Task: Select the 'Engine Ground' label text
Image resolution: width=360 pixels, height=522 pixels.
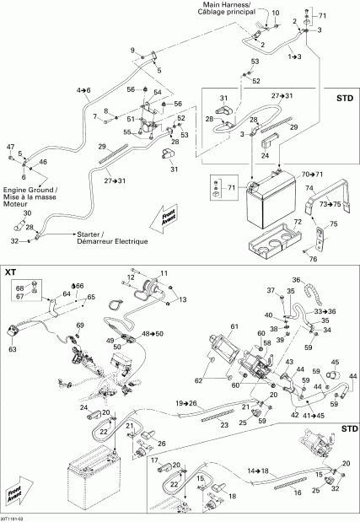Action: click(28, 191)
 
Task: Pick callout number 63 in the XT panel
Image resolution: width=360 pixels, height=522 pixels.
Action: click(13, 347)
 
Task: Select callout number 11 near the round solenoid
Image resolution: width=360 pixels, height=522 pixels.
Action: click(164, 297)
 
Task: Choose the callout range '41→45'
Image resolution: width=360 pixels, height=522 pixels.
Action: click(314, 417)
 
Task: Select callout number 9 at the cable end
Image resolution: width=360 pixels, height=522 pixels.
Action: click(132, 51)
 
